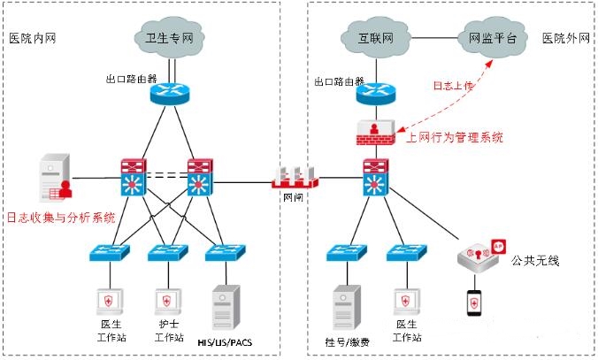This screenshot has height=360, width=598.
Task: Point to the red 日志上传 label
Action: pos(452,86)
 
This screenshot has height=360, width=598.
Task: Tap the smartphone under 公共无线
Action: pos(475,302)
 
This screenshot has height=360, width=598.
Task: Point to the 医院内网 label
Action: pos(32,38)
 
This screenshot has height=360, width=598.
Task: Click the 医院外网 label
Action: pos(565,38)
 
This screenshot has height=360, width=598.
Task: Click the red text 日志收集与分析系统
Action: pos(61,217)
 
